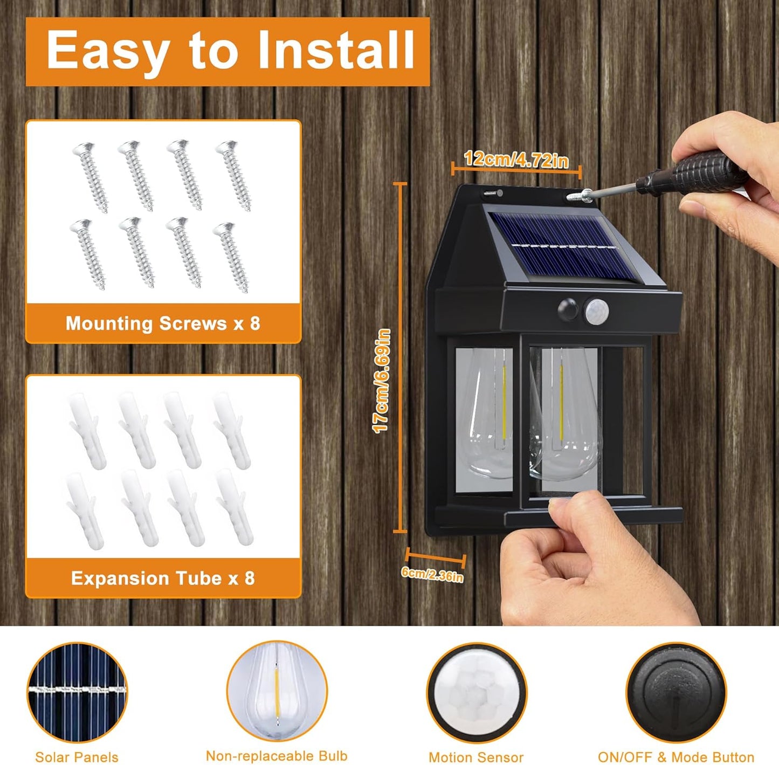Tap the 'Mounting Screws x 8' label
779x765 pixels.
(163, 323)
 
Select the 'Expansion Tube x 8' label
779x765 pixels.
(163, 578)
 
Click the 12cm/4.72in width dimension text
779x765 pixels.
(516, 160)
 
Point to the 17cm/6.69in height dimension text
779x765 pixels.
(382, 381)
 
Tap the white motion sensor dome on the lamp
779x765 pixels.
(596, 311)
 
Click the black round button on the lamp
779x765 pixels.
(568, 310)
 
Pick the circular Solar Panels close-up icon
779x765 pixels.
(77, 692)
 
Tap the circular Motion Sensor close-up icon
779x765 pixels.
(477, 693)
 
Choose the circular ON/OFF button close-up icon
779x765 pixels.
(676, 693)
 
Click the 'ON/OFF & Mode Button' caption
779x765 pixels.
(676, 757)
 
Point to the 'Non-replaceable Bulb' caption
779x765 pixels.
(277, 756)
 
